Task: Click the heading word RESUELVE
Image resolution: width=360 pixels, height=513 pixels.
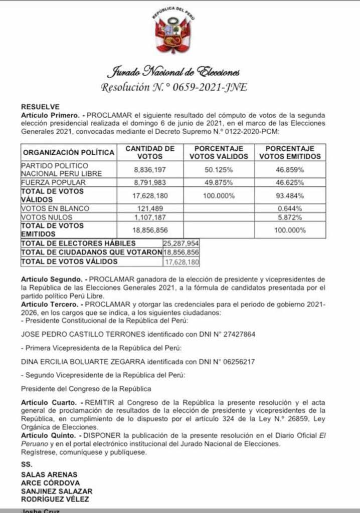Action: click(x=40, y=107)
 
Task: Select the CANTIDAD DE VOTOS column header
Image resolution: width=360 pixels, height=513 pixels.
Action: click(x=149, y=152)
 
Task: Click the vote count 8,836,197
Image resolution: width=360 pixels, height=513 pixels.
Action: click(x=149, y=170)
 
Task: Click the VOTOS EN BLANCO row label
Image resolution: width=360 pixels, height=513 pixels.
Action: click(x=55, y=208)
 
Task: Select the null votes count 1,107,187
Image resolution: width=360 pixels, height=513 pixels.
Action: click(x=149, y=217)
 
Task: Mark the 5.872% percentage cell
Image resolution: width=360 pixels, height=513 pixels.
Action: click(x=290, y=217)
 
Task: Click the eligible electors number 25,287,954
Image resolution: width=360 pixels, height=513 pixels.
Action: click(x=182, y=243)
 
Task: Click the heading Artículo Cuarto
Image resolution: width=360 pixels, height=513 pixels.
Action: click(x=49, y=402)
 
